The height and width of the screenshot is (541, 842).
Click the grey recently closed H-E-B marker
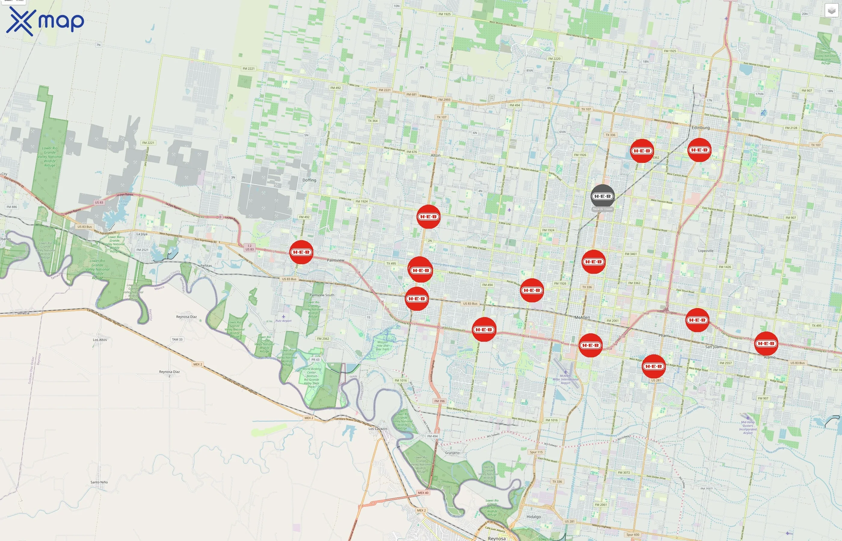coord(603,196)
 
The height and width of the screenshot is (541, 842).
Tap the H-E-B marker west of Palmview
coord(301,252)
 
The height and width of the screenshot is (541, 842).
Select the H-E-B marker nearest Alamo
coord(766,343)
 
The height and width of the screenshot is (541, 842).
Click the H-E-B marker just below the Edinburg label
coord(699,150)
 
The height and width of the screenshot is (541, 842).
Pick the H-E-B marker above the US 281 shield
coord(654,366)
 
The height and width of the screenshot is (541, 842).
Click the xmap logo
coord(45,21)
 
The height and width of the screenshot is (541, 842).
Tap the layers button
coord(831,11)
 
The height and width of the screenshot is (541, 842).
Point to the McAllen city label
coord(582,317)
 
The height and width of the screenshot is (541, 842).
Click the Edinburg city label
coord(700,127)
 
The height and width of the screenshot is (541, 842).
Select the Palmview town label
coord(336,260)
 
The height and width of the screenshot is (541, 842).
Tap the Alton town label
coord(435,155)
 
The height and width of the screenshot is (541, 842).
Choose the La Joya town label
coord(142,234)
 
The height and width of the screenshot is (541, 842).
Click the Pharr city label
coord(663,335)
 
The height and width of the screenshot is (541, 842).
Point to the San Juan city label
coord(713,347)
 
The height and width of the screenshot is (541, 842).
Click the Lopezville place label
coord(706,251)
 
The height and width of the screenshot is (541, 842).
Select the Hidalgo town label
coord(534,517)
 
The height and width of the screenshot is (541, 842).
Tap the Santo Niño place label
coord(99,482)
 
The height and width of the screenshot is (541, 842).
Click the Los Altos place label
coord(100,340)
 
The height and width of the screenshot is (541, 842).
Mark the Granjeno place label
coord(452,453)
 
